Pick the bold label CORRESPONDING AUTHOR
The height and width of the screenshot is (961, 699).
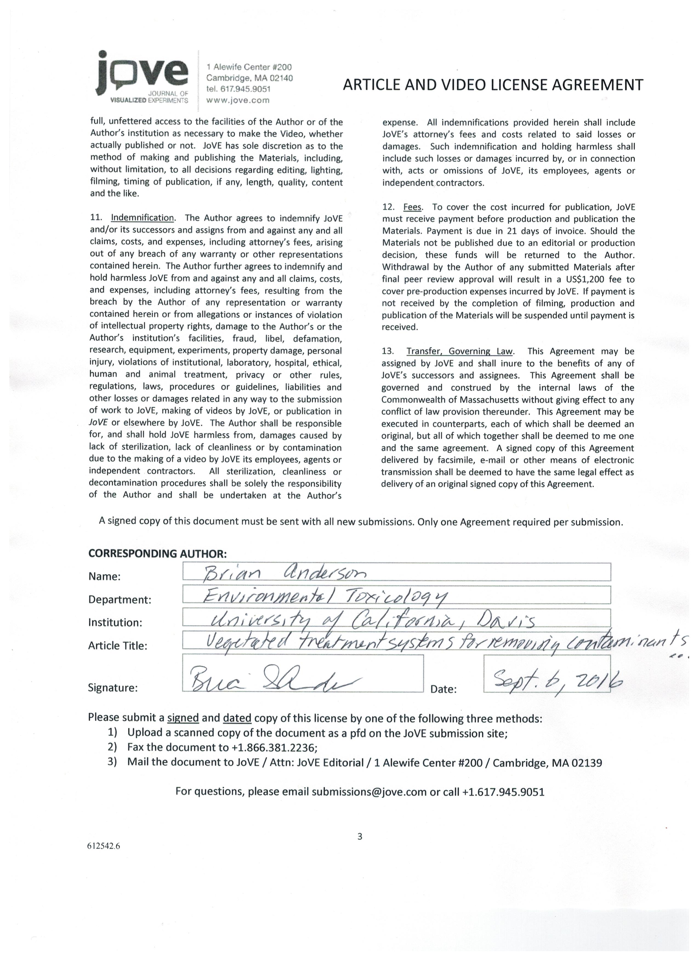tap(157, 553)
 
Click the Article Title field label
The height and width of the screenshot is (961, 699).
tap(117, 646)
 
